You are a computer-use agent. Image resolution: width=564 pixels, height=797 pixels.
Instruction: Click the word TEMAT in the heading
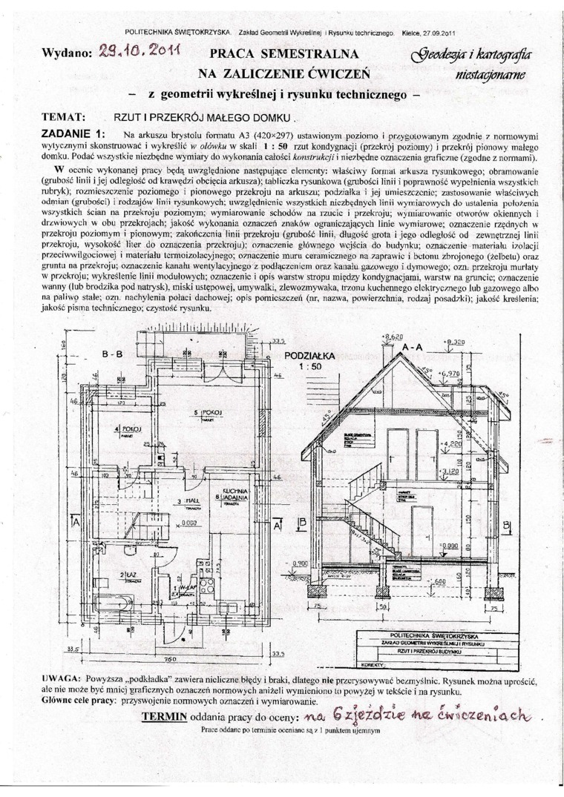click(x=64, y=117)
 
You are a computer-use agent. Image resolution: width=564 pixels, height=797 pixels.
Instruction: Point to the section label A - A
click(x=413, y=346)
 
